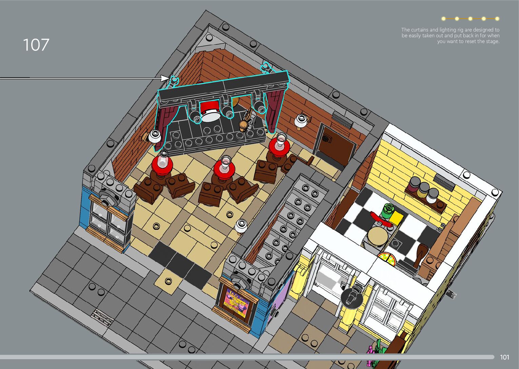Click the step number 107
coord(36,45)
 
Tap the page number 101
coord(504,357)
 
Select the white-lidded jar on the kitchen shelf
coord(432,196)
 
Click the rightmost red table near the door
coord(279,145)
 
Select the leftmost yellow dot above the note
coord(443,19)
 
